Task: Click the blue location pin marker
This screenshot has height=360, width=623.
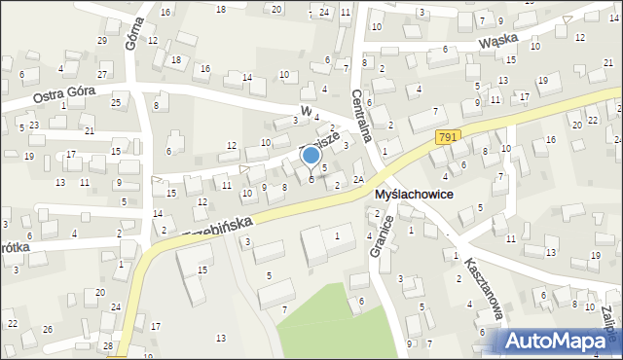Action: pyautogui.click(x=311, y=157)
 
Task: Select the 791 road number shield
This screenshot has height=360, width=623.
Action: pyautogui.click(x=447, y=138)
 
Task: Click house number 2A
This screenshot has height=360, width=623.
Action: pyautogui.click(x=358, y=179)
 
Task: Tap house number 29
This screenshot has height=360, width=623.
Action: pyautogui.click(x=102, y=40)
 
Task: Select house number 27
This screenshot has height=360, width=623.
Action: pyautogui.click(x=102, y=75)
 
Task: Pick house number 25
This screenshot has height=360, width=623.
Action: pyautogui.click(x=116, y=102)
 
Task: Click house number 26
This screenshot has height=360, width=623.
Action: pyautogui.click(x=48, y=329)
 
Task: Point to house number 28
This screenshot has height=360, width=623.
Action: pyautogui.click(x=107, y=346)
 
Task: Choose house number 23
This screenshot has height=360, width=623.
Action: pyautogui.click(x=33, y=126)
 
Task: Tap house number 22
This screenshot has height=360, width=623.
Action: pyautogui.click(x=12, y=323)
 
